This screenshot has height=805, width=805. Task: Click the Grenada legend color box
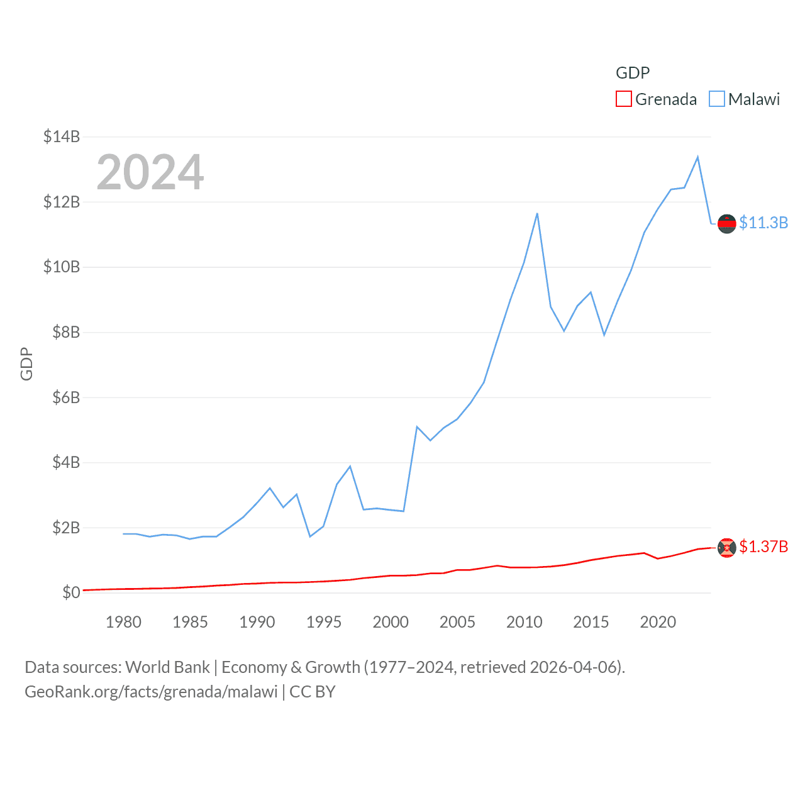pos(623,99)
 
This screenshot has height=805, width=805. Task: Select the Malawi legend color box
pos(716,99)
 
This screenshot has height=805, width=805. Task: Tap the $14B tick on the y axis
pos(62,136)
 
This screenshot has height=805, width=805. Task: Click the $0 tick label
pos(71,592)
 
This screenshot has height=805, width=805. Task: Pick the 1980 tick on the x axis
pos(123,622)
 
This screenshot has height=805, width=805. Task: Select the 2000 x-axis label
pos(391,622)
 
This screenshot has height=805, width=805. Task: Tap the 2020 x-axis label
pos(658,622)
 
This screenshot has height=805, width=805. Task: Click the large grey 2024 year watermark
pos(150,172)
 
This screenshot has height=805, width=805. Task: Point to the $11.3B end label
pos(763,223)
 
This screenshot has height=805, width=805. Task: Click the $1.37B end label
pos(763,547)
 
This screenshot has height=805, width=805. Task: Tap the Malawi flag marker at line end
pos(727,223)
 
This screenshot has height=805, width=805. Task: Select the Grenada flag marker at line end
pos(727,548)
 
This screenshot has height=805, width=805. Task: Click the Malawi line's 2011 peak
pos(537,214)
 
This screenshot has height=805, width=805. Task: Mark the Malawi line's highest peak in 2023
pos(697,157)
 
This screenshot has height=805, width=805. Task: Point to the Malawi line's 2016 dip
pos(604,335)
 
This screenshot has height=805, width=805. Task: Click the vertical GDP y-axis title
pos(26,364)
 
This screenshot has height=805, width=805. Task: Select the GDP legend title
pos(633,73)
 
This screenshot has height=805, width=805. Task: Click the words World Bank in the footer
pos(167,667)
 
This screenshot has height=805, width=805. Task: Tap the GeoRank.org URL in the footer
pos(151,692)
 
